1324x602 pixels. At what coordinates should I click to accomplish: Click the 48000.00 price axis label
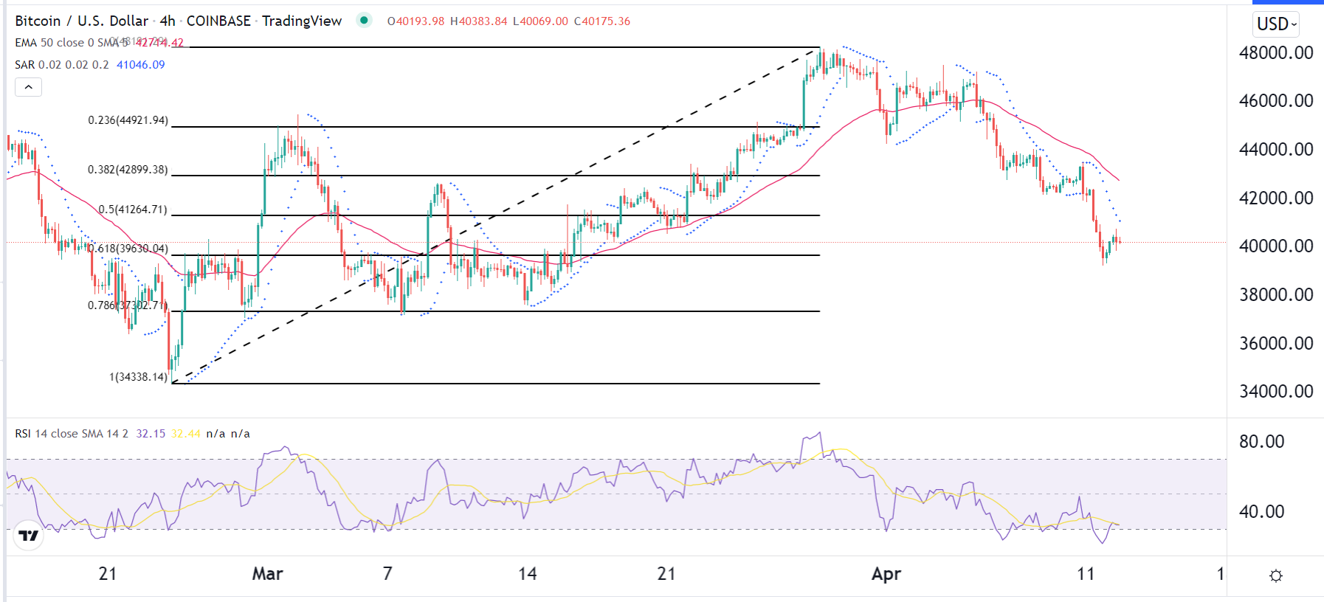click(1275, 53)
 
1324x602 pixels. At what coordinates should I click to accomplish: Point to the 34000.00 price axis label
click(1275, 392)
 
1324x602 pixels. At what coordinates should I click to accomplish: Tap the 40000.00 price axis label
click(1275, 246)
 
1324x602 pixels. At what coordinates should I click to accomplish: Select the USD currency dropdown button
click(1276, 24)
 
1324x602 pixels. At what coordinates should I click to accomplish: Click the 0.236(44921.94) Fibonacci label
click(128, 120)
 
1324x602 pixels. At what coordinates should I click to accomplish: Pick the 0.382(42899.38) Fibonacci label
click(128, 170)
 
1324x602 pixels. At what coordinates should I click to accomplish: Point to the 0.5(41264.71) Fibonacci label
click(133, 210)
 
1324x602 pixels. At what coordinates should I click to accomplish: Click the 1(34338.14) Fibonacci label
click(139, 377)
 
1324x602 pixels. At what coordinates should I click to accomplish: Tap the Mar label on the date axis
click(267, 574)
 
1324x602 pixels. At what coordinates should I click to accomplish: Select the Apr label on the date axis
click(886, 574)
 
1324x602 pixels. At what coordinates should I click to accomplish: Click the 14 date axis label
click(527, 574)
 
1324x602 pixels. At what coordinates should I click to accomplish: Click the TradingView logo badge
click(29, 536)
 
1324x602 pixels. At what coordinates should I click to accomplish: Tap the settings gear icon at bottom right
click(1275, 575)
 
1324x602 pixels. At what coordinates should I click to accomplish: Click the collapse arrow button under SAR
click(28, 87)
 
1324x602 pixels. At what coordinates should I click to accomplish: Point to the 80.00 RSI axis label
click(1261, 442)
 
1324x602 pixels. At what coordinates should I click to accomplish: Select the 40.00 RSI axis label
click(1261, 511)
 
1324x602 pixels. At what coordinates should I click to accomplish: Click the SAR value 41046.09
click(141, 65)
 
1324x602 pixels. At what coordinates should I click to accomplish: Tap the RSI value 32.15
click(151, 434)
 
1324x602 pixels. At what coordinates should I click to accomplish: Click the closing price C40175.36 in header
click(602, 21)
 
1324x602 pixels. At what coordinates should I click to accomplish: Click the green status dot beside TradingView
click(364, 20)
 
